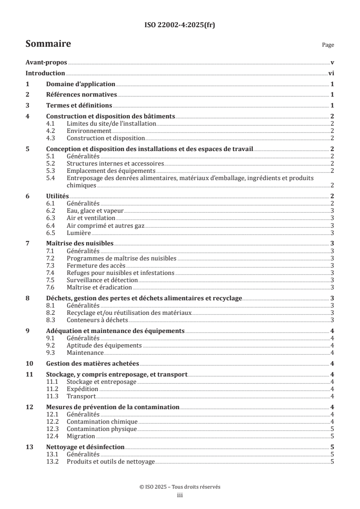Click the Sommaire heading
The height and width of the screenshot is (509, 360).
[48, 44]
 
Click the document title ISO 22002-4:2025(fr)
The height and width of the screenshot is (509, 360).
[180, 25]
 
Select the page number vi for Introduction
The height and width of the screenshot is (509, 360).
[331, 73]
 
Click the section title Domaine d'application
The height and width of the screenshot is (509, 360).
[81, 84]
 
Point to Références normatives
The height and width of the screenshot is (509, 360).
[82, 95]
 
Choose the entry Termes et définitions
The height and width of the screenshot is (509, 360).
[79, 106]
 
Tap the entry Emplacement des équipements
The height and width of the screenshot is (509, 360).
[111, 171]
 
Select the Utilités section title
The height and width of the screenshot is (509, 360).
[58, 196]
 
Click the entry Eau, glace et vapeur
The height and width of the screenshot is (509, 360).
[95, 211]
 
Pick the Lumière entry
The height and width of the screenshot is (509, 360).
[79, 233]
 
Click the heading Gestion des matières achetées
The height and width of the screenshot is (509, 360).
[93, 363]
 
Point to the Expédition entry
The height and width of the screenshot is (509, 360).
[82, 389]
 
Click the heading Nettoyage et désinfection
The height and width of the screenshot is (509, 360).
[85, 447]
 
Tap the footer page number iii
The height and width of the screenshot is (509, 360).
[180, 495]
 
